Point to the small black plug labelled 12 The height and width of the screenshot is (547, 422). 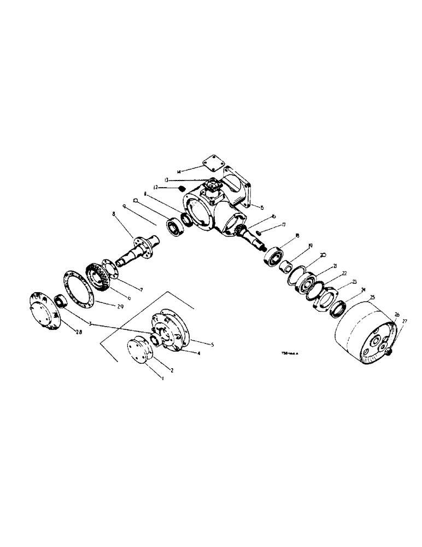183,189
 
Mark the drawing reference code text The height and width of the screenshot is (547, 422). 291,353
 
